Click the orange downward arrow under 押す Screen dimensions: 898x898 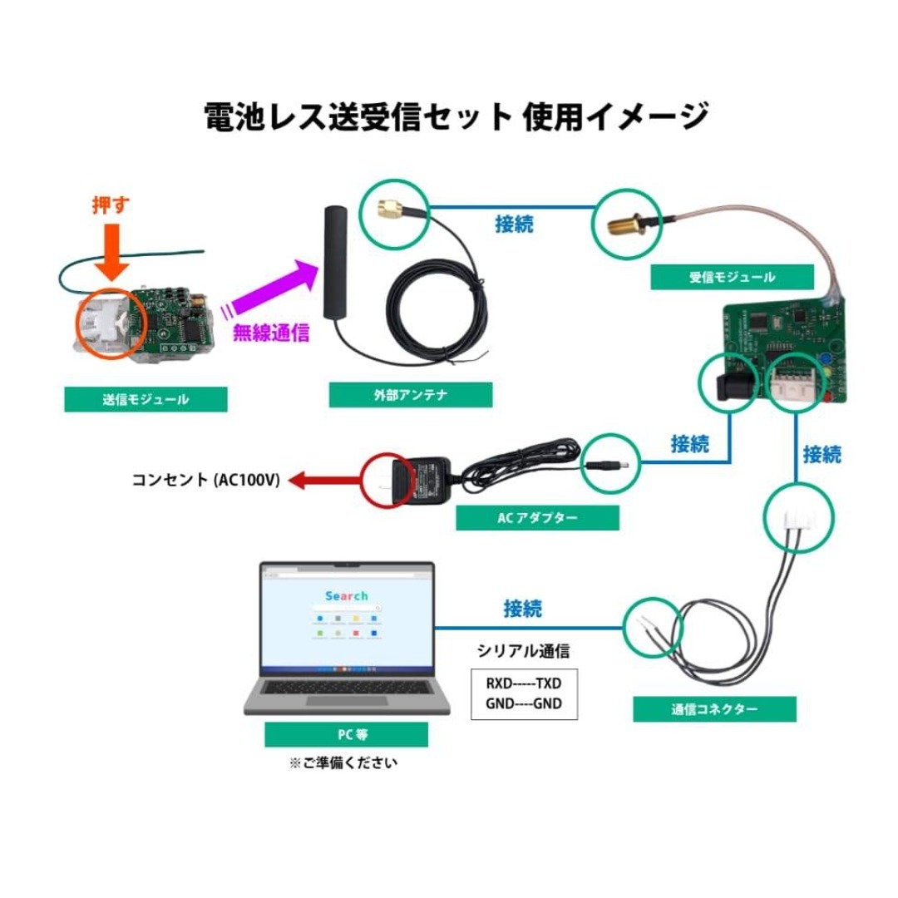coord(111,251)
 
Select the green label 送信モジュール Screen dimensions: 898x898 coord(146,399)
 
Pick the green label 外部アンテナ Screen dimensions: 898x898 coord(411,395)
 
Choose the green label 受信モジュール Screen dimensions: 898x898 coord(732,277)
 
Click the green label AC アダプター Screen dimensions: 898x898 coord(537,518)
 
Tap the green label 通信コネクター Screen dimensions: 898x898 coord(714,709)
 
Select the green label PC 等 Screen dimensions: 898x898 coord(346,734)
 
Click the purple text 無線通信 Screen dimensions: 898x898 coord(271,333)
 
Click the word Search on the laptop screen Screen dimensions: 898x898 coord(347,595)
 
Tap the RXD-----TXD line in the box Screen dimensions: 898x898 coord(524,683)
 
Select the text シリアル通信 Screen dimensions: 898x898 coord(523,651)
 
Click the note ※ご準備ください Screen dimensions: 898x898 coord(343,762)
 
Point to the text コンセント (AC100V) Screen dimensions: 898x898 coord(205,480)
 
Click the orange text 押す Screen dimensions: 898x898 coord(111,205)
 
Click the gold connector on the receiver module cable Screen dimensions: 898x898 coord(625,225)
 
